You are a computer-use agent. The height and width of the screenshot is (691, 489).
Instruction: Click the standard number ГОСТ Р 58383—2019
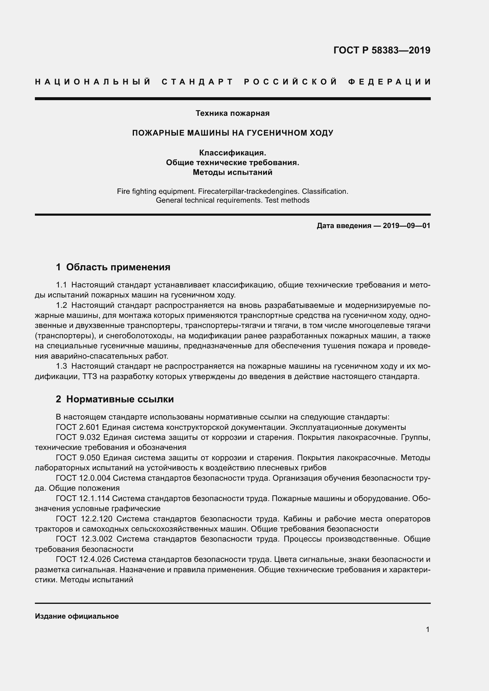tap(382, 50)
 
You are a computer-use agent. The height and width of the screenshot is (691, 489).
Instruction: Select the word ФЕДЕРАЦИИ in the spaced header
tap(389, 82)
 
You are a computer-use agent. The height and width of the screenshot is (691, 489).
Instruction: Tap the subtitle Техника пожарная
tap(232, 113)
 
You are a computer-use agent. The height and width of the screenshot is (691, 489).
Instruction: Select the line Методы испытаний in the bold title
tap(232, 173)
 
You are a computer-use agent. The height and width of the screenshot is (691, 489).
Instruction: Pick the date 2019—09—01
tap(407, 226)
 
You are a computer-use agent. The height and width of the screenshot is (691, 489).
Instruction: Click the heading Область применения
tap(118, 267)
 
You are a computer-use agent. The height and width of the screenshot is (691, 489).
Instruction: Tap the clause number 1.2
tap(61, 305)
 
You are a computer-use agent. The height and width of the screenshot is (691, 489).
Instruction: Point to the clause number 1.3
tap(61, 366)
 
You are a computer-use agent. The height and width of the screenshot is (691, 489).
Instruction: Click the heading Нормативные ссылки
tap(120, 399)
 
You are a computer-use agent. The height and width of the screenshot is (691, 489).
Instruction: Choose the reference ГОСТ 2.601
tap(78, 427)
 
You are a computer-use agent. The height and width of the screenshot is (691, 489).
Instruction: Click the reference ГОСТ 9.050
tap(78, 457)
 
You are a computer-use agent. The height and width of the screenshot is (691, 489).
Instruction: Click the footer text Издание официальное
tap(77, 616)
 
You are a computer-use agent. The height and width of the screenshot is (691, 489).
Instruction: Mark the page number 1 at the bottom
tap(428, 629)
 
